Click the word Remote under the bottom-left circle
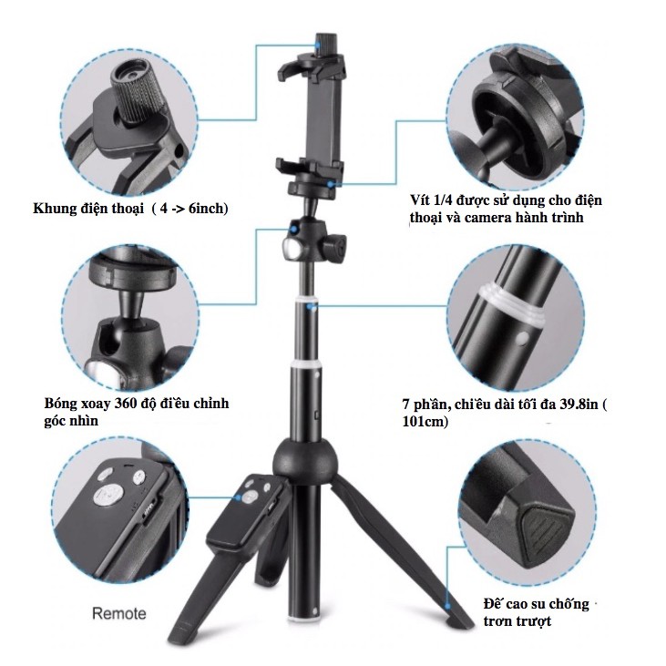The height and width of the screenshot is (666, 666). pos(119,613)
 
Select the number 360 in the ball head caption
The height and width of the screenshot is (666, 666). pos(127,403)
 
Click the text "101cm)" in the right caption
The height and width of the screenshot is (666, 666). pos(425,421)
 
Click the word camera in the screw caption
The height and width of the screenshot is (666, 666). pos(488,218)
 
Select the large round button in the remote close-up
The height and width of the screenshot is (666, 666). pos(108,496)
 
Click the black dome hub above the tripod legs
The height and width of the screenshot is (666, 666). pos(305,460)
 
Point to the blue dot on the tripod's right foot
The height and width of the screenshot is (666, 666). pos(447,605)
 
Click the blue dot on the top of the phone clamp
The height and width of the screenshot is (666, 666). pos(317,44)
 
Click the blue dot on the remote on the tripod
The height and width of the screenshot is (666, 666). pos(239,497)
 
